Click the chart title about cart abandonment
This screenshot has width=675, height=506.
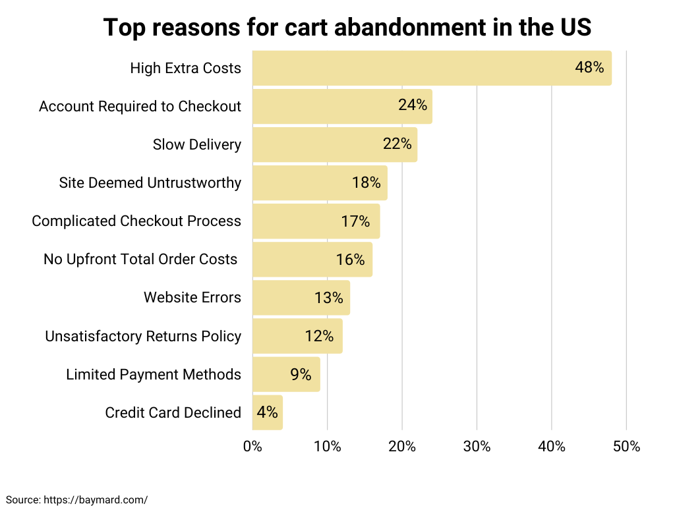tap(347, 28)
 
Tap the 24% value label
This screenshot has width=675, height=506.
tap(413, 105)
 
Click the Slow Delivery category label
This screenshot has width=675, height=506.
tap(196, 144)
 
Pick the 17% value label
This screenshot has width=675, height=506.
tap(355, 221)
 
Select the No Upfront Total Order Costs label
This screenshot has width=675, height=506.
tap(140, 260)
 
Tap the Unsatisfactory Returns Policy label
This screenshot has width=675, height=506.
tap(143, 336)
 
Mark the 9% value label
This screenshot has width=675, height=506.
tap(301, 374)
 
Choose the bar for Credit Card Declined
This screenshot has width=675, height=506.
tap(260, 412)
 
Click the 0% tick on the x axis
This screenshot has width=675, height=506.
tap(252, 446)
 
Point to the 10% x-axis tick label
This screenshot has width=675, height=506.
tap(327, 446)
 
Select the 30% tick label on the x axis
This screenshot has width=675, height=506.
tap(477, 446)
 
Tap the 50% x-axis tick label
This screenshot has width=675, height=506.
tap(626, 446)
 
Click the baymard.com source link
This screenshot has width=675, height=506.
tap(96, 499)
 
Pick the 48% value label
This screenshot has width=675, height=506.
tap(589, 67)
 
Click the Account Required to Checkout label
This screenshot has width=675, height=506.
tap(140, 106)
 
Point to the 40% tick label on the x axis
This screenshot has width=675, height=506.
tap(552, 446)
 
